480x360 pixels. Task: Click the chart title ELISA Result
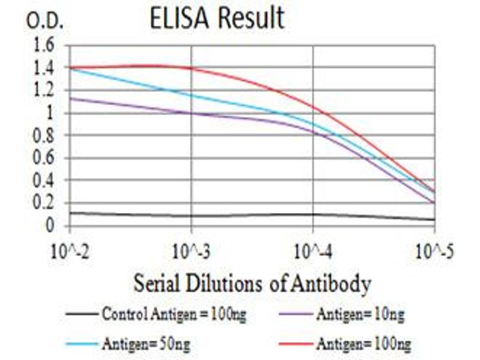(x=217, y=19)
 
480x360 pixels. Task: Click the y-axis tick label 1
(x=50, y=113)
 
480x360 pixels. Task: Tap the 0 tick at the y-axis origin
(x=50, y=226)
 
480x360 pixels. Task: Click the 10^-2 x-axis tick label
(x=70, y=250)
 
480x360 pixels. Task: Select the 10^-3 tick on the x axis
(x=191, y=250)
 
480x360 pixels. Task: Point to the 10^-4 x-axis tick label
(x=313, y=250)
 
